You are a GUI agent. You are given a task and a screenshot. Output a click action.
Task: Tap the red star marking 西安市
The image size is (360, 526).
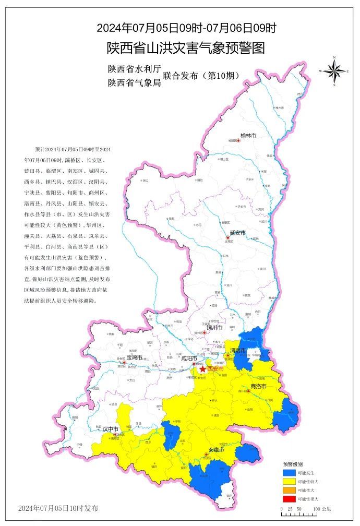coord(202,369)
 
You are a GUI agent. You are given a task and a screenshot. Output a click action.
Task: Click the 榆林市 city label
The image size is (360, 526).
coord(248,135)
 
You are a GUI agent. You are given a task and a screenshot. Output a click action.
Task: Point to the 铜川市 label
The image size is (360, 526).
coord(213,328)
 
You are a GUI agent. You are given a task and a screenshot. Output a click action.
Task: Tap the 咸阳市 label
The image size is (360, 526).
coord(188,358)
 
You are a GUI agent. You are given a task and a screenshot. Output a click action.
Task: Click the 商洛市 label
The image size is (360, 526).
coord(259,386)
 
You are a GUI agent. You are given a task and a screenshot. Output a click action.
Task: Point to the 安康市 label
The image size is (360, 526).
coord(216,449)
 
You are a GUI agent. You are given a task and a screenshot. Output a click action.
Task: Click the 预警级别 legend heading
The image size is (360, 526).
coord(293,463)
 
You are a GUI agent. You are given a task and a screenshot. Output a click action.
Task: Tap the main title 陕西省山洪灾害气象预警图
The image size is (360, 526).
coord(186,48)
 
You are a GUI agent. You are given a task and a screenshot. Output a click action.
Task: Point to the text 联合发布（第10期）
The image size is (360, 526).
coord(201,75)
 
